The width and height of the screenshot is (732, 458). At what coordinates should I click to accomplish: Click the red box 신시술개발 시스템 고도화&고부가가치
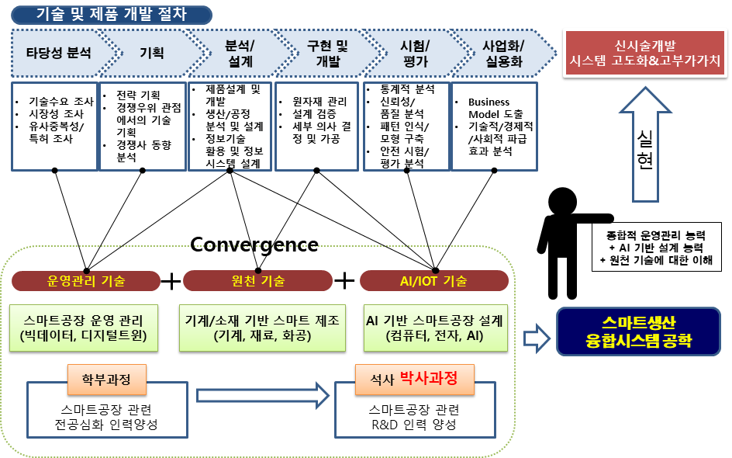click(644, 52)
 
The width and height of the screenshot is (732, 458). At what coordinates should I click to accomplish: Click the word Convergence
click(254, 245)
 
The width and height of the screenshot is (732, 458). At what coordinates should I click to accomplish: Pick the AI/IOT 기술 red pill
click(434, 280)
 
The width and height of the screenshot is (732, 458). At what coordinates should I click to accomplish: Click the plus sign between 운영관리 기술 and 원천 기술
click(170, 280)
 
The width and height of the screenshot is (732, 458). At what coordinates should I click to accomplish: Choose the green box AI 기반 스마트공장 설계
click(434, 327)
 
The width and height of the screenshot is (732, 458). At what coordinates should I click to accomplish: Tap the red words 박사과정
click(427, 379)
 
